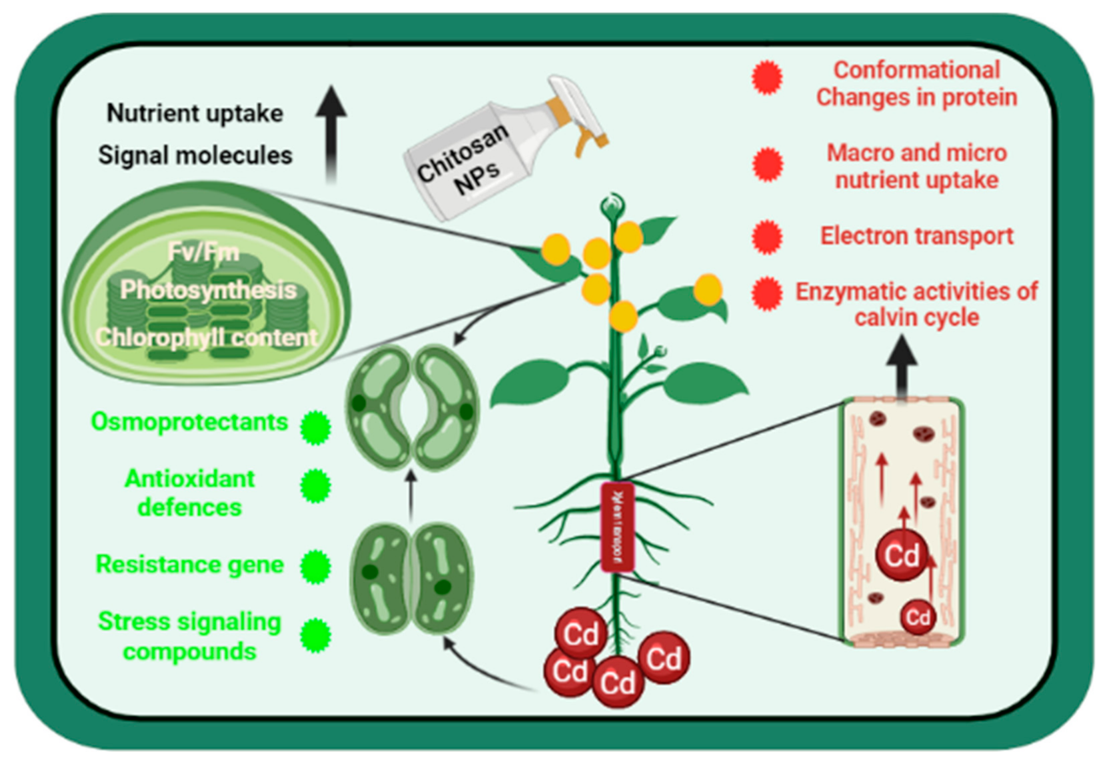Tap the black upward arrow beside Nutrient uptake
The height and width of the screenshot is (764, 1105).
[x=331, y=133]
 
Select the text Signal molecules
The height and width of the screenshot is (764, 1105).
[x=195, y=155]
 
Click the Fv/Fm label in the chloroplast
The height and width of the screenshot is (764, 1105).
[x=203, y=252]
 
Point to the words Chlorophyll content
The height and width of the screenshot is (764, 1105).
[x=207, y=337]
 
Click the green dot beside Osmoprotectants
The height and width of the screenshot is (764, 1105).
[x=315, y=427]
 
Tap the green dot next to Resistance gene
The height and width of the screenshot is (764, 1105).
[x=315, y=567]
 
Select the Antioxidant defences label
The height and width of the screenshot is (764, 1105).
[x=189, y=493]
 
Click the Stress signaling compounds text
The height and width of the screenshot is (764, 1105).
[x=189, y=636]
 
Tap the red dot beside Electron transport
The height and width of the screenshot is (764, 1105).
[x=767, y=237]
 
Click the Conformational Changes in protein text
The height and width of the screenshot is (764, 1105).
[x=916, y=83]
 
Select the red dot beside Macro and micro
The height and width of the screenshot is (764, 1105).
[x=768, y=165]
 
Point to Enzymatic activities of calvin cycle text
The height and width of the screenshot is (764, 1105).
[x=916, y=304]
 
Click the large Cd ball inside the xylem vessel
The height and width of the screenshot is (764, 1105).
[x=902, y=555]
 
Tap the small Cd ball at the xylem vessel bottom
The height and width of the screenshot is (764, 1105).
[x=918, y=617]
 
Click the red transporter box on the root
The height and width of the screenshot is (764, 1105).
[x=617, y=527]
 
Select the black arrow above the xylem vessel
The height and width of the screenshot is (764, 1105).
[x=902, y=367]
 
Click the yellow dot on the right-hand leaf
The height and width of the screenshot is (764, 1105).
[x=707, y=290]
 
